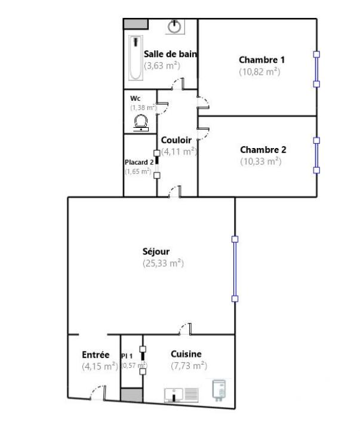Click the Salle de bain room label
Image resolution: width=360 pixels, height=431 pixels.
[170, 54]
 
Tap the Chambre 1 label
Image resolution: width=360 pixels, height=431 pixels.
[261, 60]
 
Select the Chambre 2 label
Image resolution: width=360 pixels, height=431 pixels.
[263, 150]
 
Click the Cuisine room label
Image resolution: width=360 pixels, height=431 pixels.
[186, 354]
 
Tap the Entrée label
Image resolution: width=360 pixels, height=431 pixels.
[96, 355]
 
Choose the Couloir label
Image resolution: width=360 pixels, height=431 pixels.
[176, 140]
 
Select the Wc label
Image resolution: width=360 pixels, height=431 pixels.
[135, 98]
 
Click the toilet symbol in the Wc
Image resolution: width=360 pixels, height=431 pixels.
[141, 122]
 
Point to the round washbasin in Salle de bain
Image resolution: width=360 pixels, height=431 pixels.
[175, 26]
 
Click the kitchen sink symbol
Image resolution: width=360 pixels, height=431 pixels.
[181, 395]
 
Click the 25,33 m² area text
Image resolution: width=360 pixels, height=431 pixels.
[162, 263]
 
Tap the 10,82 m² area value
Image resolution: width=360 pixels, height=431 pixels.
[260, 72]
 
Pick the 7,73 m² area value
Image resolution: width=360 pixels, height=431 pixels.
[189, 366]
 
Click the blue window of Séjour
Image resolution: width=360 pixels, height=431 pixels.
[235, 269]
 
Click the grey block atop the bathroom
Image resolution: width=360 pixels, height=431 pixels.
[136, 23]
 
